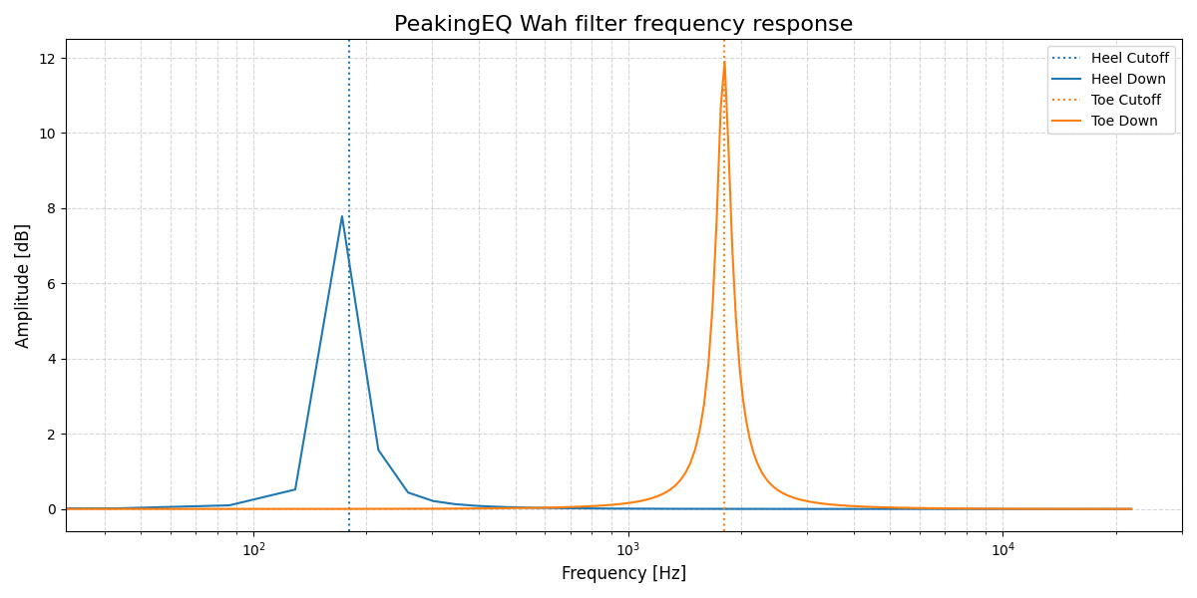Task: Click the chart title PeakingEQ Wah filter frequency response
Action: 623,24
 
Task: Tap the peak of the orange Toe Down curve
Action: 724,63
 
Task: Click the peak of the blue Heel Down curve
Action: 342,216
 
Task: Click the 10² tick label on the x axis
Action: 254,549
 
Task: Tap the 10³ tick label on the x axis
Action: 628,549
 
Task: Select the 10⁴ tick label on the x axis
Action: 1003,549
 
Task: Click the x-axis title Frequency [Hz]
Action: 623,574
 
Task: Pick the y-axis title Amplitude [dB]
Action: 23,285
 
